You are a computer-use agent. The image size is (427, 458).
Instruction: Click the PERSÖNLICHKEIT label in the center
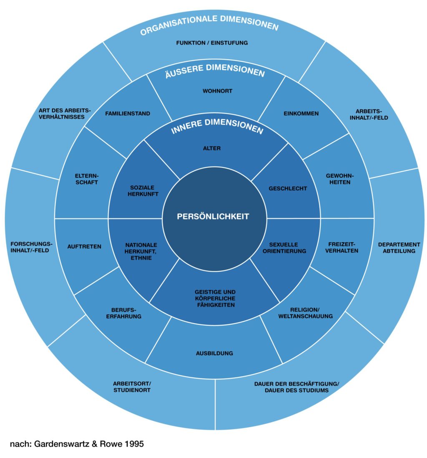click(213, 216)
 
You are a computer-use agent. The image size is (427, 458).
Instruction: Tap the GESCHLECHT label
click(288, 188)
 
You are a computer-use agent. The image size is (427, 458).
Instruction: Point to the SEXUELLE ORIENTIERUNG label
click(287, 248)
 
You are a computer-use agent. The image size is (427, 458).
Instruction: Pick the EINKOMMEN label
click(301, 113)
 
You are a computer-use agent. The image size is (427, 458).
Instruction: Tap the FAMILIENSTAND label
click(128, 113)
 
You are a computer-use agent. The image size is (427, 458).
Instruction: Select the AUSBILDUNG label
click(214, 353)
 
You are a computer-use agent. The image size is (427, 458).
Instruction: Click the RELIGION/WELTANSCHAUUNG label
click(306, 313)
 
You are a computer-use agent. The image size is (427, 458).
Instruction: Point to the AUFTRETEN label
click(84, 246)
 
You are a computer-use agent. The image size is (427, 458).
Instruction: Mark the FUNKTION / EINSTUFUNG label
click(212, 43)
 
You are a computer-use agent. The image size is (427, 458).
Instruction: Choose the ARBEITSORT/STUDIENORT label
click(132, 387)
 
